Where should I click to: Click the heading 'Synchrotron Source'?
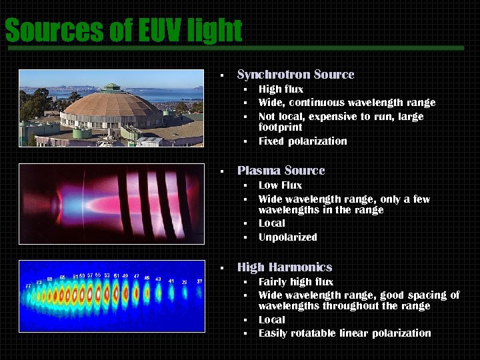click(x=295, y=75)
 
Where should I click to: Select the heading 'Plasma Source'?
click(x=281, y=171)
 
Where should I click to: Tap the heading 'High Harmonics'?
click(x=284, y=267)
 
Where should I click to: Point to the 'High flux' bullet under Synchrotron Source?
click(x=281, y=89)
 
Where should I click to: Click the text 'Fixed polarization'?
click(x=303, y=141)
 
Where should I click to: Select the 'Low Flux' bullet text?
click(x=280, y=185)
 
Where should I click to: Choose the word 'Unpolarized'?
click(x=287, y=237)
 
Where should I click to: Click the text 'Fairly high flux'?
click(x=296, y=282)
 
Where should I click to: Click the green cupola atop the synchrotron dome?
click(x=112, y=87)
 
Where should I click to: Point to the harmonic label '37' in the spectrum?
click(x=199, y=282)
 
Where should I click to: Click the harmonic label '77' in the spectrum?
click(x=28, y=285)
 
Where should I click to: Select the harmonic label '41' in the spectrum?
click(x=171, y=281)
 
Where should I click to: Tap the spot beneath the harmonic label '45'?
click(x=147, y=292)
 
